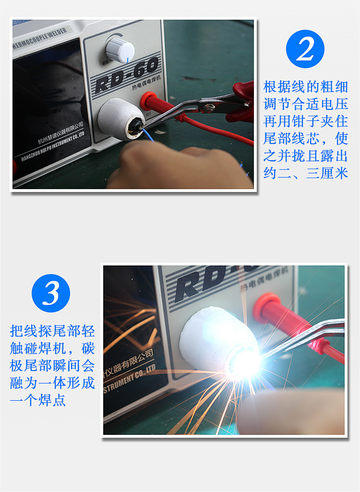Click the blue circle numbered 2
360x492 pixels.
[x=305, y=48]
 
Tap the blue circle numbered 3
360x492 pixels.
[x=51, y=293]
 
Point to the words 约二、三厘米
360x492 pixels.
[x=306, y=173]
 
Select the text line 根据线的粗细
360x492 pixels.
[x=306, y=87]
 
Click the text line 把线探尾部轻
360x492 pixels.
[x=52, y=331]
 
